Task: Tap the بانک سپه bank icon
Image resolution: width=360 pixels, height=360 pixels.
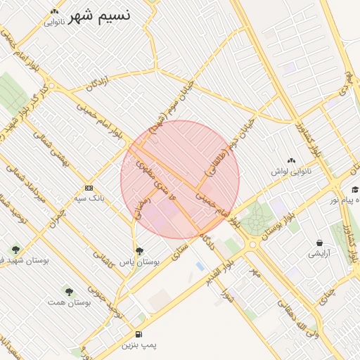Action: pos(89,188)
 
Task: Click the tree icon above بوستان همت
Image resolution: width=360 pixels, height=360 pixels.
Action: pos(69,291)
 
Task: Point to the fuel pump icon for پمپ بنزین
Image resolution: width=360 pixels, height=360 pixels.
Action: pos(139,334)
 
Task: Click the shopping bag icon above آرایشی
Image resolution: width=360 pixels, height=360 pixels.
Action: pos(320,243)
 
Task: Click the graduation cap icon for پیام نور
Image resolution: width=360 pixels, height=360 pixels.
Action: pos(355,189)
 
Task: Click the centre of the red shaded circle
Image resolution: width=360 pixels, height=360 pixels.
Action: pos(180,179)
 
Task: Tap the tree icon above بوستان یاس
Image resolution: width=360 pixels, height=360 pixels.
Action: pos(139,250)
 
